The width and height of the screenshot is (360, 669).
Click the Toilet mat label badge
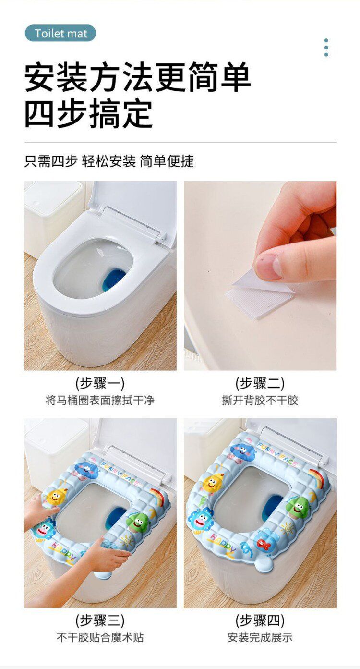(x=60, y=33)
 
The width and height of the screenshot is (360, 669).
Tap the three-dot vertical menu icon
(x=326, y=47)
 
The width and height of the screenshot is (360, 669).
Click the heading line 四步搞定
(x=89, y=114)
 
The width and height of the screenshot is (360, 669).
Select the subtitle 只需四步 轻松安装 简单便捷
(x=109, y=161)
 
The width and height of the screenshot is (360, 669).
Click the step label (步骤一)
(x=100, y=383)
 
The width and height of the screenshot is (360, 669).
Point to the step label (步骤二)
(x=260, y=383)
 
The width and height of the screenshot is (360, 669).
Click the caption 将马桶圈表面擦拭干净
(x=100, y=400)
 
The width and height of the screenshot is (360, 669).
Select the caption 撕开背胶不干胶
(x=260, y=400)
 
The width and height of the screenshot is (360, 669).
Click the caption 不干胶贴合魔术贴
(x=100, y=637)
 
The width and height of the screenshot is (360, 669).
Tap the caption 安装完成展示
(x=260, y=637)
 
